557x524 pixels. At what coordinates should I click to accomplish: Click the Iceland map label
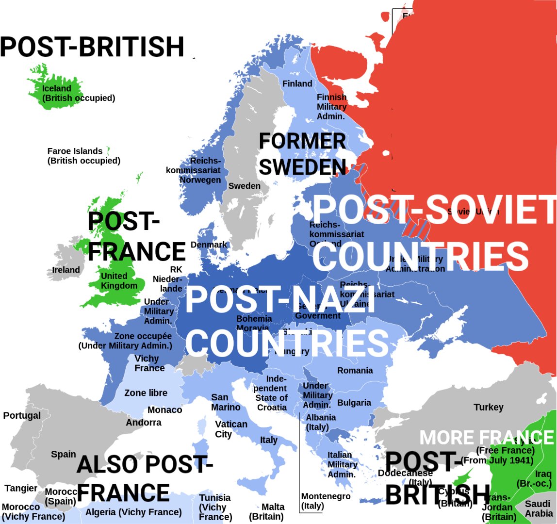[x=78, y=93]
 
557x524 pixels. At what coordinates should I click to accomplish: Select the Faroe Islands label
[x=83, y=156]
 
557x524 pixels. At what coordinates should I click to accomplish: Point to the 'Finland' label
[x=297, y=84]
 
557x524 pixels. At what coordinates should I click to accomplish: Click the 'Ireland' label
[x=66, y=270]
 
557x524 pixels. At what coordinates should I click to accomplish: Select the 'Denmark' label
[x=209, y=245]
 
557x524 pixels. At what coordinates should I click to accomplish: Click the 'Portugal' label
[x=22, y=416]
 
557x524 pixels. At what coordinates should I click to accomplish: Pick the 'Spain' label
[x=64, y=455]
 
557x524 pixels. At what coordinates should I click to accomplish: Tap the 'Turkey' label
[x=489, y=408]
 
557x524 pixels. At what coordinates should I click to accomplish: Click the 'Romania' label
[x=355, y=371]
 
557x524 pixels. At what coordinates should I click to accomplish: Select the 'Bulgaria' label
[x=354, y=403]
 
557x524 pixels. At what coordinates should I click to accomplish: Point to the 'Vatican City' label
[x=231, y=429]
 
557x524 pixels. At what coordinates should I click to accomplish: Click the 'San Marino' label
[x=226, y=402]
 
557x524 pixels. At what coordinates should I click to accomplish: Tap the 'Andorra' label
[x=144, y=423]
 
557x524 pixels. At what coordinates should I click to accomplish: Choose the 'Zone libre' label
[x=146, y=393]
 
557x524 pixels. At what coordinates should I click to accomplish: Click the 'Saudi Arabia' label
[x=539, y=508]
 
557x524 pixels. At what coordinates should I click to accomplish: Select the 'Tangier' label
[x=21, y=488]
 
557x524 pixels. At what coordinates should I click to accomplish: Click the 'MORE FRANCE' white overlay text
[x=486, y=438]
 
